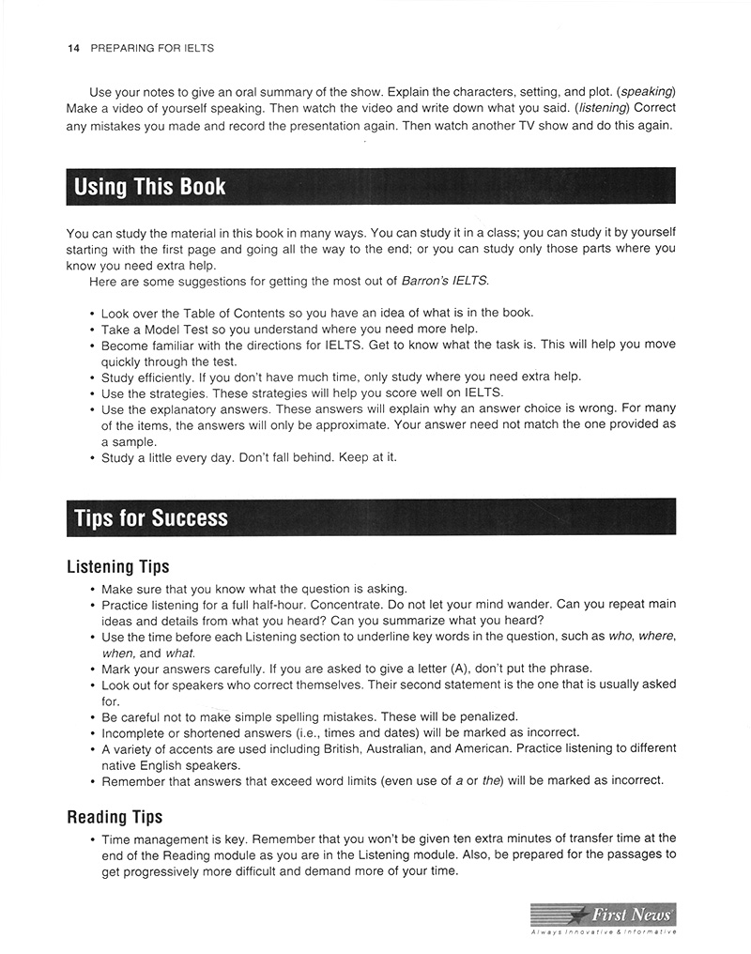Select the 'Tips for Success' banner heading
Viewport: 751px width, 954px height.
click(x=150, y=517)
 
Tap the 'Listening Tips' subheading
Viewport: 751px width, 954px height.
click(x=118, y=566)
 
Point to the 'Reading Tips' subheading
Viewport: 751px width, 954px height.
click(x=115, y=817)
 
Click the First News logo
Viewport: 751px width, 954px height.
click(x=603, y=914)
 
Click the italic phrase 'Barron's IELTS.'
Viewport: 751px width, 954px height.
click(x=445, y=281)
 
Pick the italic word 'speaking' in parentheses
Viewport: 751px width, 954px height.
click(x=647, y=92)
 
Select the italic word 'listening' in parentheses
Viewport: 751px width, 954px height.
click(x=603, y=109)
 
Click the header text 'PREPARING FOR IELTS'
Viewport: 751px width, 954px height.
click(x=152, y=48)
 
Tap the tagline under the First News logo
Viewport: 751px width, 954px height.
click(x=603, y=931)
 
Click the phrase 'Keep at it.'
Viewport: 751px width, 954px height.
click(x=366, y=457)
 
